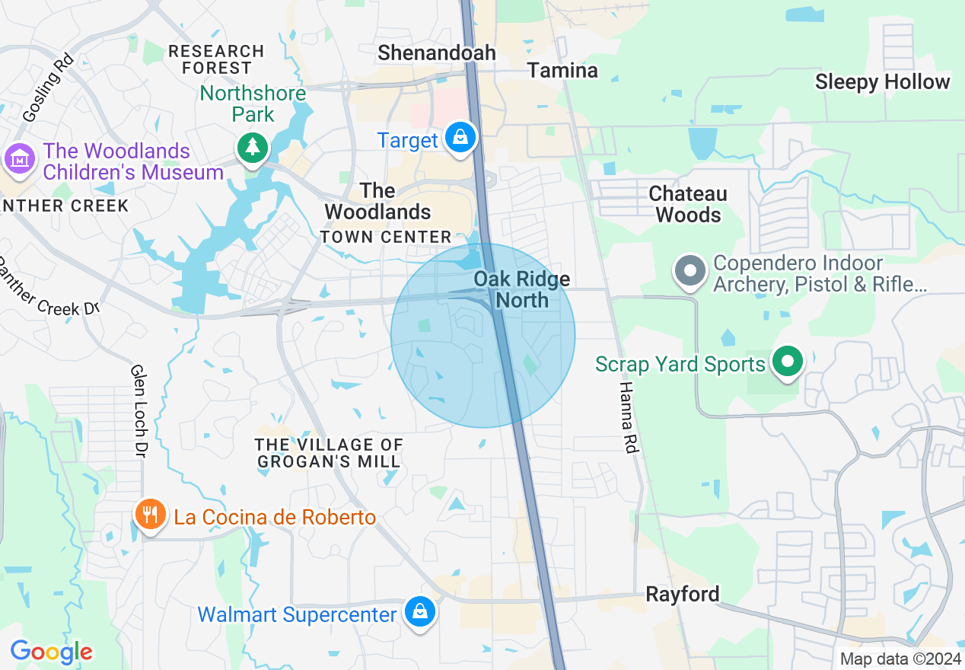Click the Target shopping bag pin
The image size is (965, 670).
pos(460,138)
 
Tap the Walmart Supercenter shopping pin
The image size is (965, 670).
pos(419,611)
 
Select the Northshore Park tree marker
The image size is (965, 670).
pos(253,147)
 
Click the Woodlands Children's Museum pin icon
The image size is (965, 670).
pos(20,160)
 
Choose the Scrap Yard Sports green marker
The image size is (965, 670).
pos(788,362)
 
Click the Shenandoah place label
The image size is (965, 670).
pos(437,53)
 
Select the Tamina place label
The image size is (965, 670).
pos(563,71)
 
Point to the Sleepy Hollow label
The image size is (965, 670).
pos(882,82)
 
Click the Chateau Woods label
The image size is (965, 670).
pos(688,204)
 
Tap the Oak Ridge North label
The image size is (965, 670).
pos(522,289)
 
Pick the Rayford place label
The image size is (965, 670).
pos(682,594)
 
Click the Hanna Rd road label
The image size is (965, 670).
pos(626,418)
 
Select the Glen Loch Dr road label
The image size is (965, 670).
pos(139,411)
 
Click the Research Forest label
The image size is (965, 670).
pos(215,59)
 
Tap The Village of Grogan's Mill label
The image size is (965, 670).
pos(329,453)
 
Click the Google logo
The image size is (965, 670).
pos(52,652)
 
